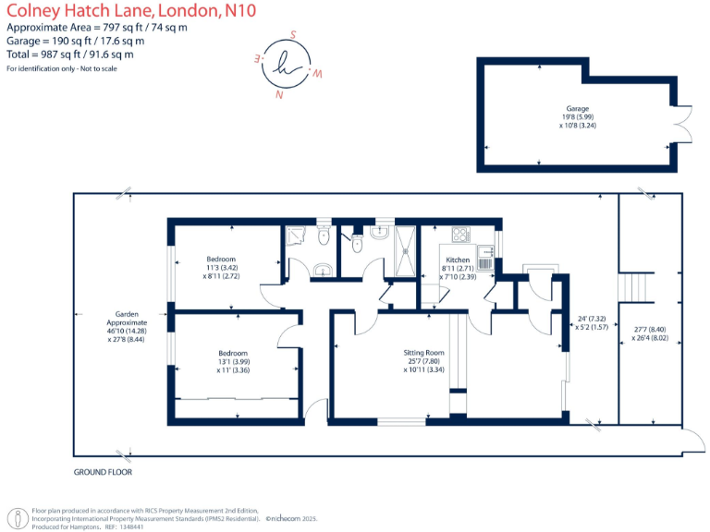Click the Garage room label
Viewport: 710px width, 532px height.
point(578,108)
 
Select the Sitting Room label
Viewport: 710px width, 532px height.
point(423,353)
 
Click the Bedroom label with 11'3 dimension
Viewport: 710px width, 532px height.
point(220,259)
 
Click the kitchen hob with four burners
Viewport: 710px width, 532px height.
point(460,235)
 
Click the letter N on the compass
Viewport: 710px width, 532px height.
point(278,93)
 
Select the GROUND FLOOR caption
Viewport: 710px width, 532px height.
point(103,472)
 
